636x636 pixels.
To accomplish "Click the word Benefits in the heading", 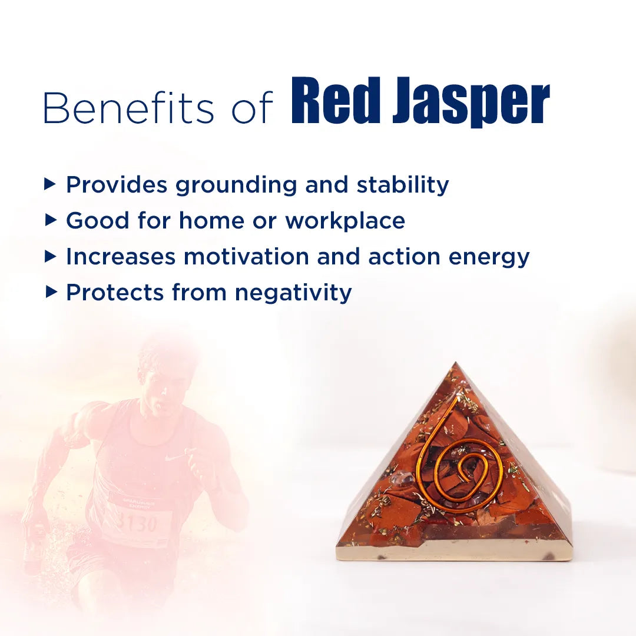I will point(128,108).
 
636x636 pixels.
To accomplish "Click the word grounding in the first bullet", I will point(237,185).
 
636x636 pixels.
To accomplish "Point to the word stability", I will point(403,185).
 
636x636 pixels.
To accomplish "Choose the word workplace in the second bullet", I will point(345,221).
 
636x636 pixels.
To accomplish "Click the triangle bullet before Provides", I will point(51,185).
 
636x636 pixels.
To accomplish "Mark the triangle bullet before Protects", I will point(51,292).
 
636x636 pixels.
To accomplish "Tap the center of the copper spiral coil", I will point(465,471).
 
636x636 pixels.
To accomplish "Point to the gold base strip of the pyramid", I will point(453,550).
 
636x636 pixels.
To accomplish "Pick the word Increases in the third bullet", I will point(120,257).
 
